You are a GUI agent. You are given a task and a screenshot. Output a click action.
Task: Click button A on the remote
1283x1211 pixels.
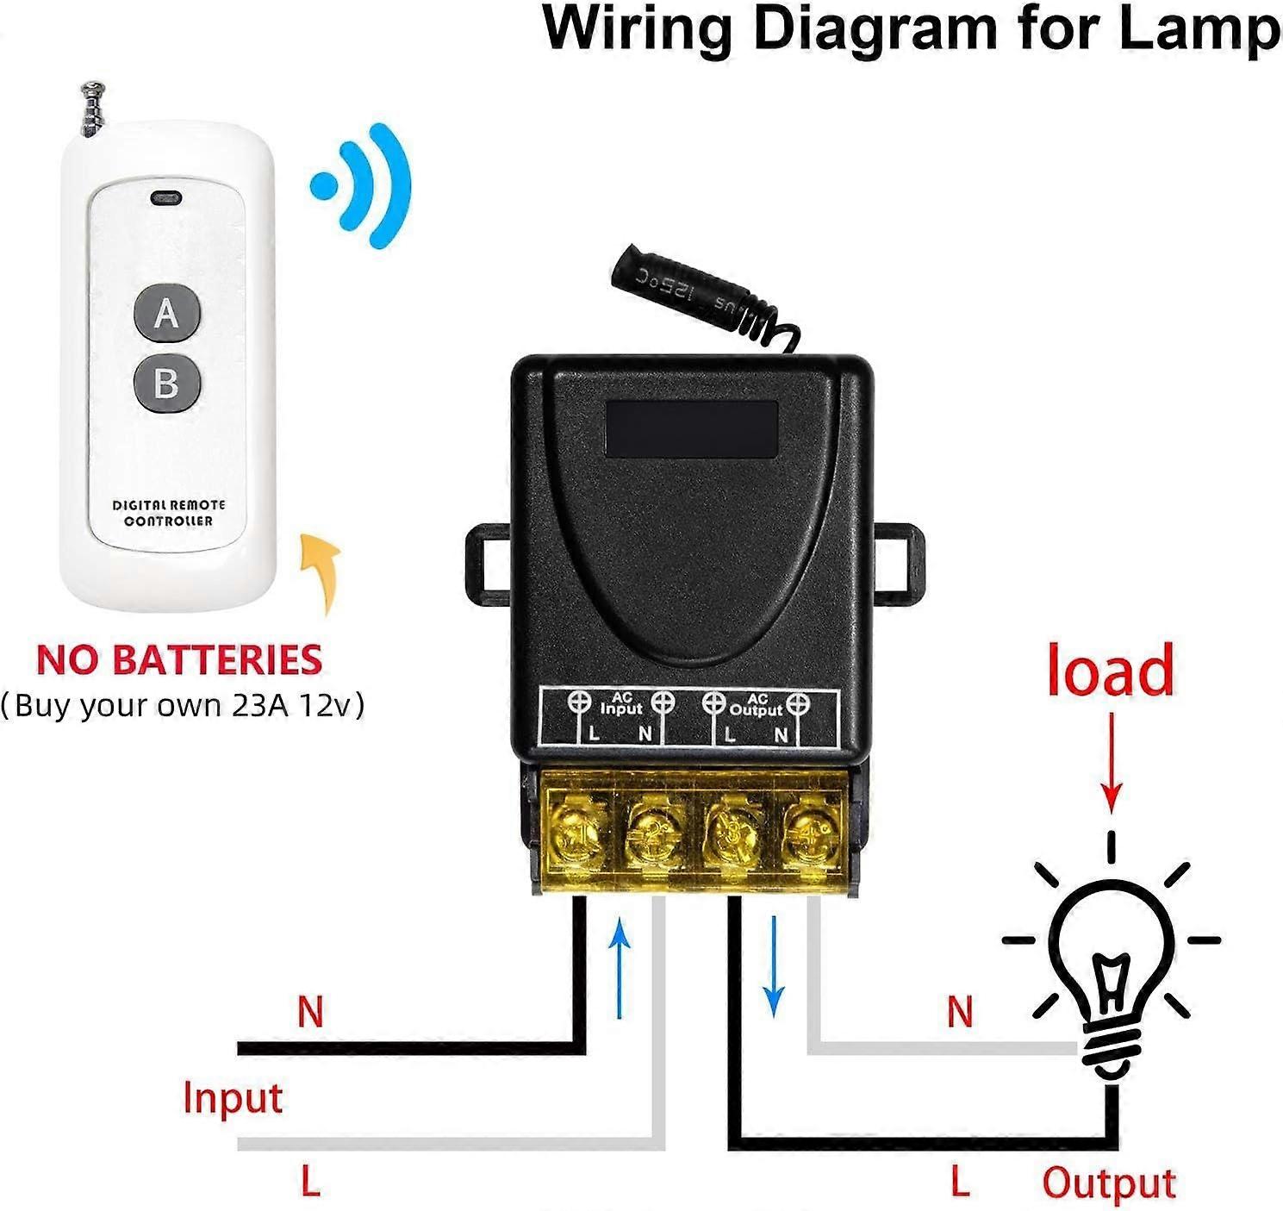167,314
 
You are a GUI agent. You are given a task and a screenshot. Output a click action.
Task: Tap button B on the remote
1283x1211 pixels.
167,382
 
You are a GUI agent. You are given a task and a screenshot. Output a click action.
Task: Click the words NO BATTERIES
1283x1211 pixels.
179,660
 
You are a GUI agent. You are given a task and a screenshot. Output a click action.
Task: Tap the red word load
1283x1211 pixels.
1110,671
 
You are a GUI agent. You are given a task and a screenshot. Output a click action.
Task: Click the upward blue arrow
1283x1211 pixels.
619,965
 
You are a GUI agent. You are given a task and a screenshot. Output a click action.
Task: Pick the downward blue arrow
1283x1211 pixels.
774,965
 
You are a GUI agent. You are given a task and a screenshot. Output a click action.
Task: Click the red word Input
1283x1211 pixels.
233,1099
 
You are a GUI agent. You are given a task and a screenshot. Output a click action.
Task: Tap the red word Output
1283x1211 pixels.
1109,1183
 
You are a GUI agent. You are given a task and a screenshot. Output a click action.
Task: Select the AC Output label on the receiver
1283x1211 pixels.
756,704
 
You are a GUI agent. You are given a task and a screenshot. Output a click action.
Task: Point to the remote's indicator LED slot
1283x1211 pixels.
165,198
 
